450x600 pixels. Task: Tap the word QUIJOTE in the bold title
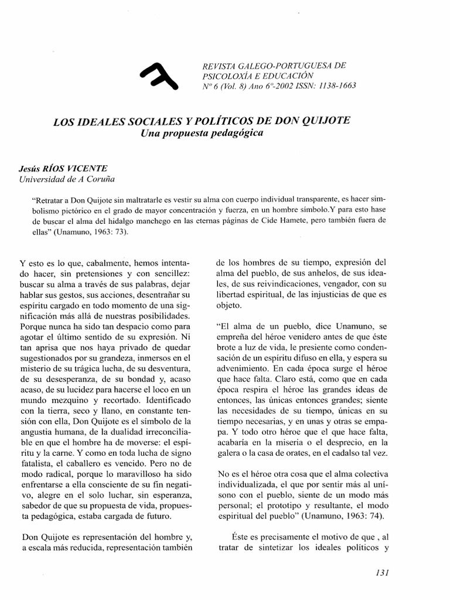tap(325, 121)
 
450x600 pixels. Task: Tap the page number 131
tap(380, 572)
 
